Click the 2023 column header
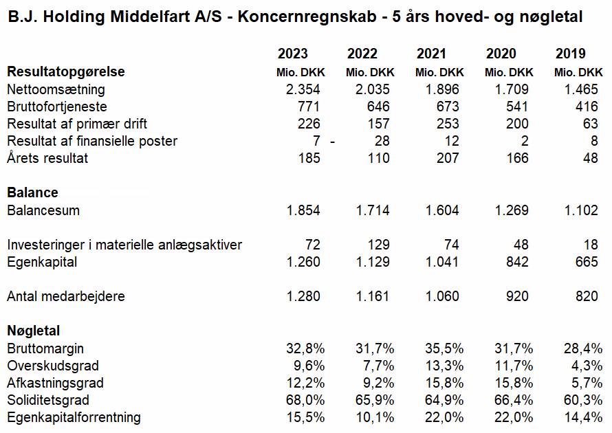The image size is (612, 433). (293, 54)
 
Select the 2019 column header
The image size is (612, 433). (571, 54)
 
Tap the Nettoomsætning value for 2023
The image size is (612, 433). (303, 89)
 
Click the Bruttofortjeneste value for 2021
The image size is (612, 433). (448, 107)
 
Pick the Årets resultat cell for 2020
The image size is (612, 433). (517, 158)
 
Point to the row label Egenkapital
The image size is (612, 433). (42, 262)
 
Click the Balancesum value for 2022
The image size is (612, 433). (373, 210)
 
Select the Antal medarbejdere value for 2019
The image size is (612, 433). (587, 296)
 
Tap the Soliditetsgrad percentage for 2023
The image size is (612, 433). (305, 400)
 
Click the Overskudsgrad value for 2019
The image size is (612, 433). (587, 366)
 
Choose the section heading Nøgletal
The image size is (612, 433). (34, 331)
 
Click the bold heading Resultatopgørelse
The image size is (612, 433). (66, 71)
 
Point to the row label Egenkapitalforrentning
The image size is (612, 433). (74, 417)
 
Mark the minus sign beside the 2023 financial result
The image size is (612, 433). (333, 142)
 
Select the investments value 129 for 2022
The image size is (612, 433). (379, 245)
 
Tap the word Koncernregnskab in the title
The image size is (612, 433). (307, 16)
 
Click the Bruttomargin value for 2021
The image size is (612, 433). (444, 348)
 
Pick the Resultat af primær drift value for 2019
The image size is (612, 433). (591, 124)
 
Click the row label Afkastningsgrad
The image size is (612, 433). (56, 383)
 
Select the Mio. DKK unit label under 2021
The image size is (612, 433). (439, 72)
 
